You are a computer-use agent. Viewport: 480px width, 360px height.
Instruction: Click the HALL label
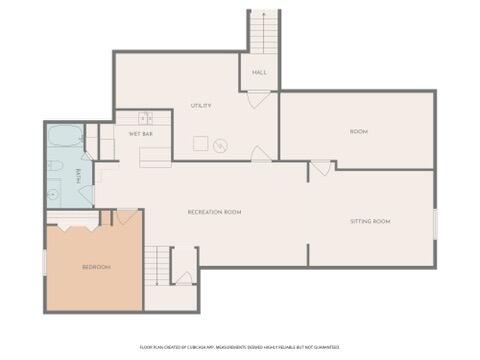[x=259, y=73]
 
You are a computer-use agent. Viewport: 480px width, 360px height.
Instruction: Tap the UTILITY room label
[x=202, y=106]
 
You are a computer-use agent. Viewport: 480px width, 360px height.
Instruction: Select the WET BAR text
[x=140, y=133]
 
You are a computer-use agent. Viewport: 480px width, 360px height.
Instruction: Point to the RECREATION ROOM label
[x=215, y=212]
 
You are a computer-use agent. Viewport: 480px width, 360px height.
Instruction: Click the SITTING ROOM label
[x=369, y=221]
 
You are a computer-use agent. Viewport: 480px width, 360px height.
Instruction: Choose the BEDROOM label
[x=95, y=267]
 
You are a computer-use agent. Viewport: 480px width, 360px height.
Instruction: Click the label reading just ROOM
[x=358, y=132]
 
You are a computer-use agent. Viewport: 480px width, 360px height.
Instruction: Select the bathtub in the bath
[x=66, y=136]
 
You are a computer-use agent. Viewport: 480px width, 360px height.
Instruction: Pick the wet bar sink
[x=144, y=117]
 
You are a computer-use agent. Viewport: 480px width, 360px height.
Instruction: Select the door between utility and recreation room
[x=260, y=154]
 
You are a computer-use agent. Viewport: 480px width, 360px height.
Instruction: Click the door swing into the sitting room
[x=320, y=167]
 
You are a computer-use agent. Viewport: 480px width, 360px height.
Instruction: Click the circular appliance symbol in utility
[x=221, y=146]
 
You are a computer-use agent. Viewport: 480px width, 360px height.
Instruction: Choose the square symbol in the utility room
[x=200, y=141]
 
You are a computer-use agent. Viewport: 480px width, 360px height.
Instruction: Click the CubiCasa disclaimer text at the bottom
[x=240, y=347]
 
